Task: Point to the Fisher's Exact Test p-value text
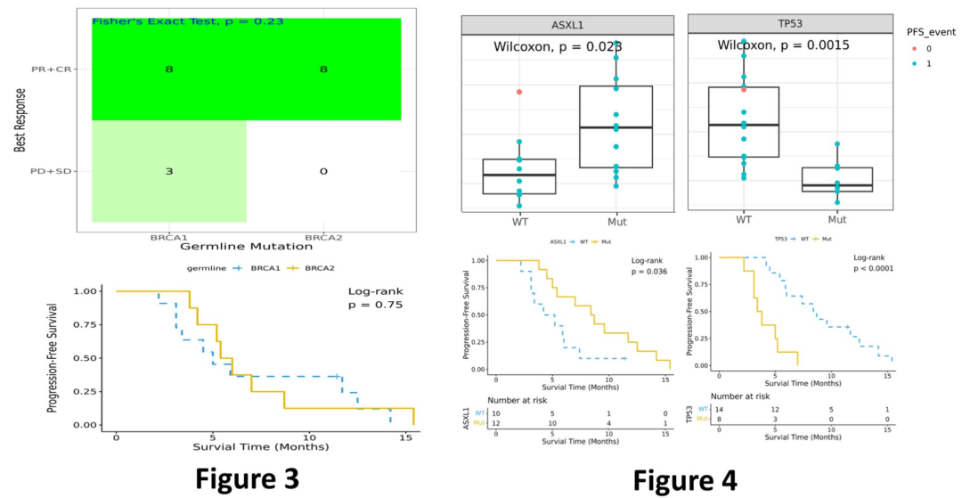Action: (188, 20)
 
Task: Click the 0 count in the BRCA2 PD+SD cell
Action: (322, 171)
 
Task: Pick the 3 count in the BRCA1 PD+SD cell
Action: (168, 171)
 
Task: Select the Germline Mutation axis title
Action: (246, 248)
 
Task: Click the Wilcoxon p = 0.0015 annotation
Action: (783, 45)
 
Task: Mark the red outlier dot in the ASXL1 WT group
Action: (519, 92)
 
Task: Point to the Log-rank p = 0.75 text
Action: (375, 298)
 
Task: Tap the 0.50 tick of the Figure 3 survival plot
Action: (85, 357)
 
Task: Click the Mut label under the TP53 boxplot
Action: (836, 219)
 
